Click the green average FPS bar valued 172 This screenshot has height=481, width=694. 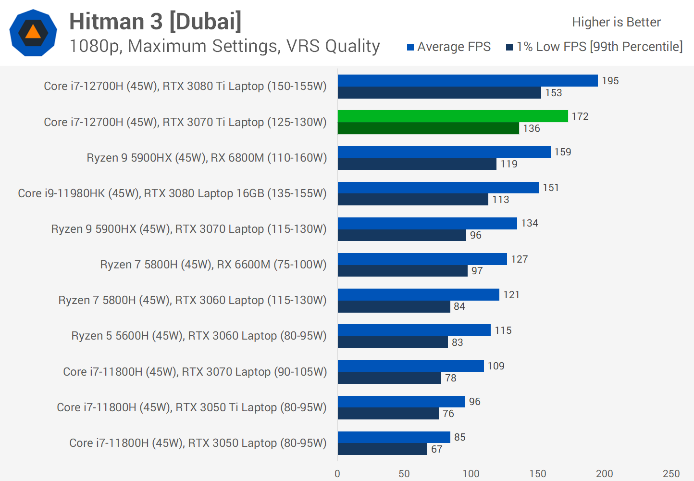pyautogui.click(x=453, y=116)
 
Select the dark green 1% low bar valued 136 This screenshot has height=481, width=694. pyautogui.click(x=428, y=128)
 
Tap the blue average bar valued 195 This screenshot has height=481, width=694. pyautogui.click(x=468, y=81)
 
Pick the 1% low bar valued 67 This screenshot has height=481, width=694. pyautogui.click(x=382, y=449)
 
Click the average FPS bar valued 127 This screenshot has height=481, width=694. pyautogui.click(x=422, y=259)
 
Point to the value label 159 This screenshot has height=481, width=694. pyautogui.click(x=563, y=152)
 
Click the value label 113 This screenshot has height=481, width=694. pyautogui.click(x=501, y=200)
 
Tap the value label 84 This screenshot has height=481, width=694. pyautogui.click(x=459, y=306)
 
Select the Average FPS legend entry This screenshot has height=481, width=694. pyautogui.click(x=449, y=47)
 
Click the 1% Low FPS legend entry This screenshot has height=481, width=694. pyautogui.click(x=595, y=47)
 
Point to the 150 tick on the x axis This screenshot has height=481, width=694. pyautogui.click(x=538, y=474)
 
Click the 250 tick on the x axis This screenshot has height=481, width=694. pyautogui.click(x=671, y=474)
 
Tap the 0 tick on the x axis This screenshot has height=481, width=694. pyautogui.click(x=337, y=474)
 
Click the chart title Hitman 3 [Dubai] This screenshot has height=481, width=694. pyautogui.click(x=155, y=22)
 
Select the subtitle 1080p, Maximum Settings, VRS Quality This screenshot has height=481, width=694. pyautogui.click(x=224, y=46)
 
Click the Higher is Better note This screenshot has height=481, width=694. pyautogui.click(x=616, y=22)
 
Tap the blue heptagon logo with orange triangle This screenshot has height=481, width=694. pyautogui.click(x=33, y=33)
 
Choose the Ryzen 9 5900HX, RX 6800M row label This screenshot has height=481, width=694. pyautogui.click(x=207, y=158)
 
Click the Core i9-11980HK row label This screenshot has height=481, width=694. pyautogui.click(x=172, y=193)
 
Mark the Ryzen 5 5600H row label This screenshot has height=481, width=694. pyautogui.click(x=199, y=336)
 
